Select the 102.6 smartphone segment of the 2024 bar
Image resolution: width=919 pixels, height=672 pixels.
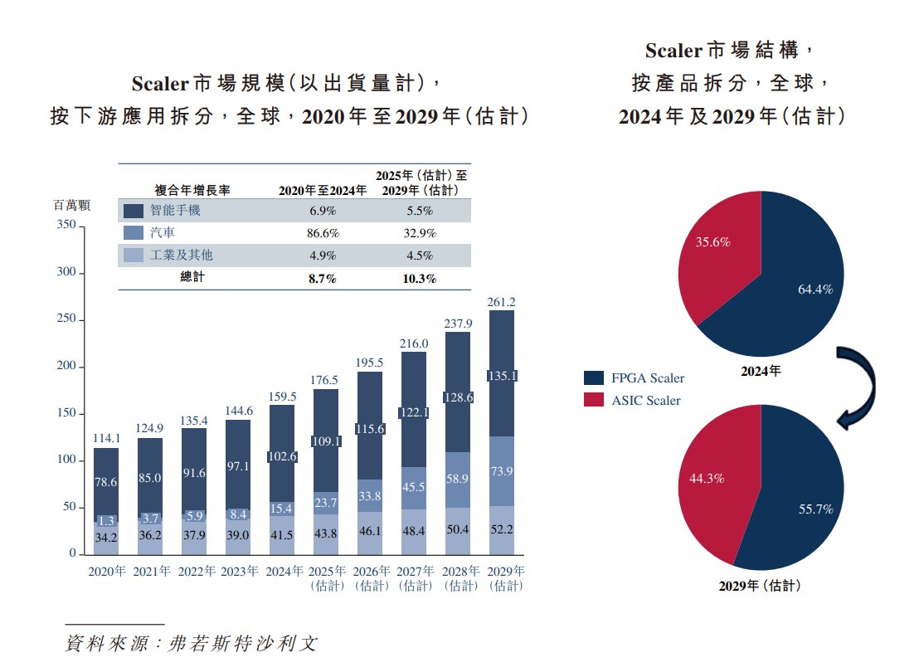[281, 456]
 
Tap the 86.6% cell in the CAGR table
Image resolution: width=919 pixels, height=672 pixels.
[322, 233]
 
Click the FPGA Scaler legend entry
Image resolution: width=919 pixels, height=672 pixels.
[635, 378]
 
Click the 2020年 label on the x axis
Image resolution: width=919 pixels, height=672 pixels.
[106, 572]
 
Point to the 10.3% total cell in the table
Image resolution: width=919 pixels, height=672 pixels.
[419, 279]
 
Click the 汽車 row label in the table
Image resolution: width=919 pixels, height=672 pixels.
[163, 233]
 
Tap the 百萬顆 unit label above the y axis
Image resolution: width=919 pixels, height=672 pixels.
[72, 205]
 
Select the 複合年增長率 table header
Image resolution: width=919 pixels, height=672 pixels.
[193, 190]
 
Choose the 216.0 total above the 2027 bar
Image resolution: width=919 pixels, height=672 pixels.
[413, 343]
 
